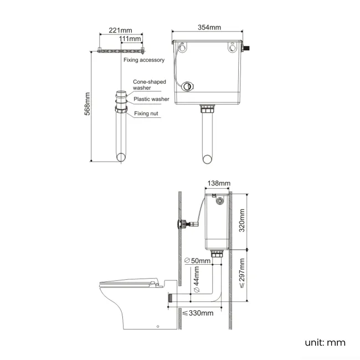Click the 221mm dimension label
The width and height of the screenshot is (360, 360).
point(120,30)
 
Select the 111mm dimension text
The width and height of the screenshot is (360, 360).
point(131,39)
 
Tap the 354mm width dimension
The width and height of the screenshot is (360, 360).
point(209,28)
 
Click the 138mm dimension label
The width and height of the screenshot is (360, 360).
point(218,183)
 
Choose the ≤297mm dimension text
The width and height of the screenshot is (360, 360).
point(241,273)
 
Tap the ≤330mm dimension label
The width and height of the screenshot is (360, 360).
point(198,313)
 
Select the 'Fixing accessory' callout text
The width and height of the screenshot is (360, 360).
point(143,60)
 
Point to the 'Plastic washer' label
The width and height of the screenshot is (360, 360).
point(151,99)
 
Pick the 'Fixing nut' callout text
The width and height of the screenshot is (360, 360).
point(146,114)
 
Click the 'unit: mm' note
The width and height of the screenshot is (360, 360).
point(325,342)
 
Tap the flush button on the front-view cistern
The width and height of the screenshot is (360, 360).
point(189,86)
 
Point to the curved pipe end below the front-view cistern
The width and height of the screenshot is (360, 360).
point(208,159)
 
